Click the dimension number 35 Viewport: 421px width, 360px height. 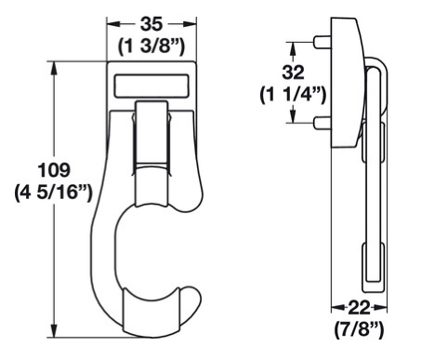pos(151,24)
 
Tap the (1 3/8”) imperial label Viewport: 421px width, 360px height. pos(151,47)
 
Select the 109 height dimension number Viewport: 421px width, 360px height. pos(54,170)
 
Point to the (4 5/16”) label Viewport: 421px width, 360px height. pos(54,193)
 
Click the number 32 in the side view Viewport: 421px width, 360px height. pos(293,73)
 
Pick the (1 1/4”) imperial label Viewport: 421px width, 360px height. pos(293,95)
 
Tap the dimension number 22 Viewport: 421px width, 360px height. pos(360,308)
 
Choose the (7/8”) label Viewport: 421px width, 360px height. pos(359,329)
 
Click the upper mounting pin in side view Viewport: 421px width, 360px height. pos(322,42)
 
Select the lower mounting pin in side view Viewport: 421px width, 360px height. pos(322,123)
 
